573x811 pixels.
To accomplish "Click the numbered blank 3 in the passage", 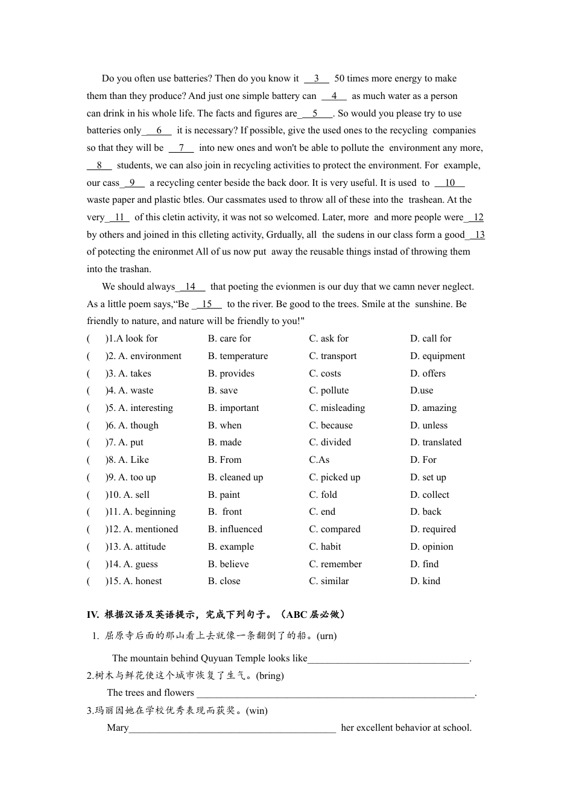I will tap(316, 78).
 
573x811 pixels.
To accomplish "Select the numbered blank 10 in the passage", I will tap(449, 183).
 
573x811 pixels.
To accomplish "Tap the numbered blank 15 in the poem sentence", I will tap(207, 304).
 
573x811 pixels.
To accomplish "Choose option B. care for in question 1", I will tap(229, 339).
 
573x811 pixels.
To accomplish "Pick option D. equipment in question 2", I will tap(437, 356).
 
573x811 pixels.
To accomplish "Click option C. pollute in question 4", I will tap(329, 390).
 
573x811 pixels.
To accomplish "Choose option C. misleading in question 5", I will tap(337, 408).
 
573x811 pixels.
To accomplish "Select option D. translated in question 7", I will tap(435, 442).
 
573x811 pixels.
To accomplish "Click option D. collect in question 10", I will tap(429, 495).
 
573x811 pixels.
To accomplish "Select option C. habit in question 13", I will tap(324, 547).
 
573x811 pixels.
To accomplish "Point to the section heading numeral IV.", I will tap(92, 615).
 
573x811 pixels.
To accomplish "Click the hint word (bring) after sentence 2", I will tap(270, 676).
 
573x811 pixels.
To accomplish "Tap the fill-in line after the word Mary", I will tap(232, 728).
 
